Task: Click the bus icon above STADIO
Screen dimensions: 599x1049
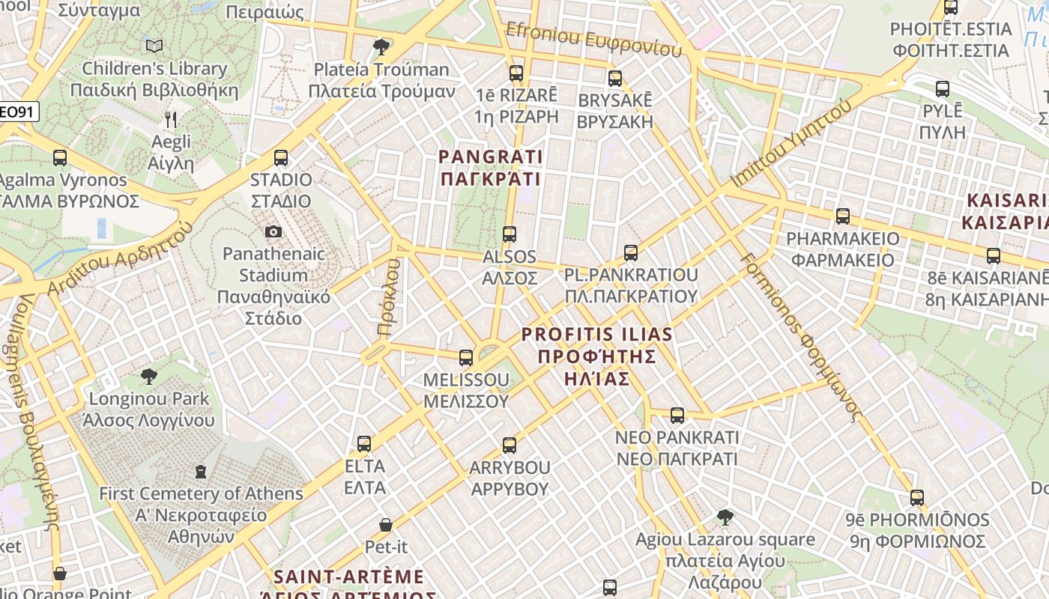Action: [281, 158]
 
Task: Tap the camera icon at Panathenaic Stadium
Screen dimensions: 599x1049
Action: [273, 231]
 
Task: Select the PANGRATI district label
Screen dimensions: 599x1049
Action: [490, 168]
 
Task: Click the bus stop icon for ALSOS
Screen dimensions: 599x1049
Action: [510, 234]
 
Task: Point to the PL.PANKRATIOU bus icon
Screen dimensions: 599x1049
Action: [631, 253]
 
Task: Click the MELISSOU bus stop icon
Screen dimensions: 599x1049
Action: [466, 358]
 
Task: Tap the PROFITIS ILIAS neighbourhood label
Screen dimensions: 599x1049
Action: [596, 356]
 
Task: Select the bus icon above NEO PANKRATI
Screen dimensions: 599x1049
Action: [677, 415]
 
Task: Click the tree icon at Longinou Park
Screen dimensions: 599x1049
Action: [148, 376]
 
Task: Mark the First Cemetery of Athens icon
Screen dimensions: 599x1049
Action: [200, 472]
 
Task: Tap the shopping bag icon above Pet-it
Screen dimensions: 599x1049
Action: [386, 525]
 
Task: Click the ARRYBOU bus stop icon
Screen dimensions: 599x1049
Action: [510, 446]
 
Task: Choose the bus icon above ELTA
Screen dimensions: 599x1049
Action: [364, 444]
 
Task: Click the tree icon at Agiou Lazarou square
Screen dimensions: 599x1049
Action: [725, 517]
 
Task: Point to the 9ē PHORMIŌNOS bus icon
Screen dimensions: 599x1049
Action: [917, 498]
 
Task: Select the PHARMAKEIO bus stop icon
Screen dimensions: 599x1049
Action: [843, 216]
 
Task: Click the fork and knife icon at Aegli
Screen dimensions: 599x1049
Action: [171, 119]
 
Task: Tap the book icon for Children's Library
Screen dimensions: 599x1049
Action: [154, 46]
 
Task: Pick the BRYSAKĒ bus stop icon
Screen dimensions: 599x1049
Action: [615, 78]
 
